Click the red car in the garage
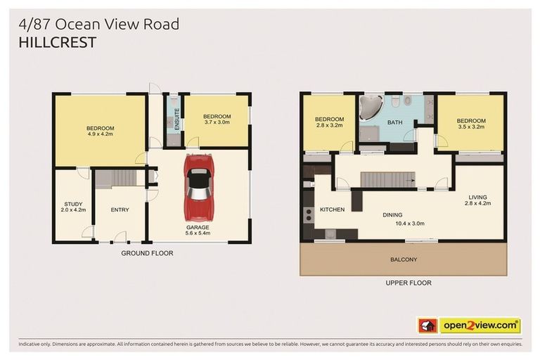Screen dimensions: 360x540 point(198,187)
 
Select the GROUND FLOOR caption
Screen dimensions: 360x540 point(147,253)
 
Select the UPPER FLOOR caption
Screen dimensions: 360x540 point(408,283)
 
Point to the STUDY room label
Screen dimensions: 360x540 point(72,207)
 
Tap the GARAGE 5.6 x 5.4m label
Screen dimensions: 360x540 point(198,231)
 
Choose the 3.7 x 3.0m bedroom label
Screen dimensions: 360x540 point(217,119)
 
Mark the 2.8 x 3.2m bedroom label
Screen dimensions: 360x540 point(328,122)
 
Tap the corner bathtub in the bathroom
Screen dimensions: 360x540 point(370,107)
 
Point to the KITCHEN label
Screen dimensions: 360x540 point(332,210)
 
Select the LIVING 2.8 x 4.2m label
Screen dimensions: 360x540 point(477,200)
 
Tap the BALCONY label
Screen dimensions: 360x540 point(404,259)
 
